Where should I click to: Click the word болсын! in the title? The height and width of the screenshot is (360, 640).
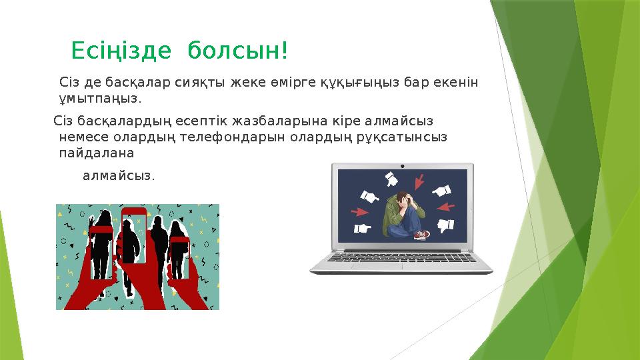[238, 50]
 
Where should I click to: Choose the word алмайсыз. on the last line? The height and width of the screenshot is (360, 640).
[119, 176]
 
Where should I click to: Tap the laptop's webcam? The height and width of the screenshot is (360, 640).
[402, 165]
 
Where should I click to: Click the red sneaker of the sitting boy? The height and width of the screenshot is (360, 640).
[421, 235]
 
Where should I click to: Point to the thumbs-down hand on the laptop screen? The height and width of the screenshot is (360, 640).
[445, 225]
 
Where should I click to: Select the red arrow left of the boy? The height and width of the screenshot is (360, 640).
[360, 212]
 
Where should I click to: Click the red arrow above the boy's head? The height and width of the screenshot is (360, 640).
[419, 181]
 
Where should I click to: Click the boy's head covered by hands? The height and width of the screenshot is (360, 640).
[401, 199]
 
